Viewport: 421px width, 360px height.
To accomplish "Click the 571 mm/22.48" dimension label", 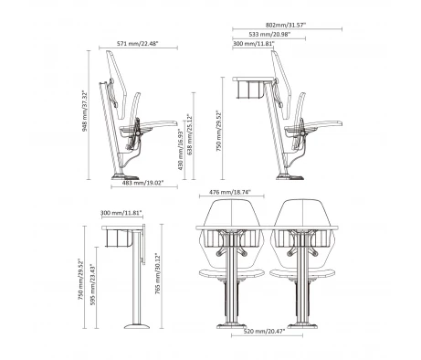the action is (138, 44).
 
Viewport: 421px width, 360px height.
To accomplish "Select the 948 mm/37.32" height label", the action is (85, 111).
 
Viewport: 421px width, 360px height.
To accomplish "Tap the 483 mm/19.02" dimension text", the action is (143, 183).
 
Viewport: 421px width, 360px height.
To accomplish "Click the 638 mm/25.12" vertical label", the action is (190, 134).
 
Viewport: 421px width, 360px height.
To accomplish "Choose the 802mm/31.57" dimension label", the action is (286, 25).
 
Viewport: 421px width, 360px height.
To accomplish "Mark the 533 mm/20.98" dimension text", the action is (269, 34).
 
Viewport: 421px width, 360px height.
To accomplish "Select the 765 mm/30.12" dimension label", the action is (158, 273).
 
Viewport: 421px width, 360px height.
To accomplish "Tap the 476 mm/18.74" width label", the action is (230, 192).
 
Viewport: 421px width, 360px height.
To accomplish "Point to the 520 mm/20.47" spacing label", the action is (264, 331).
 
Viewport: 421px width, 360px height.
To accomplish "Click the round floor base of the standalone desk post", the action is (137, 326).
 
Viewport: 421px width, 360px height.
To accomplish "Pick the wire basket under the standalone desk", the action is (119, 238).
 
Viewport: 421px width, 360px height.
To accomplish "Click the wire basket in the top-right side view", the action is (249, 90).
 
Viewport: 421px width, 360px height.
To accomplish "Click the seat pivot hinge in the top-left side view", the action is (138, 132).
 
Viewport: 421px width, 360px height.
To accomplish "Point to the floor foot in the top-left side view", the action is (125, 176).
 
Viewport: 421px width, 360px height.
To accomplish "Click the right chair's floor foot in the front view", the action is (303, 326).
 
